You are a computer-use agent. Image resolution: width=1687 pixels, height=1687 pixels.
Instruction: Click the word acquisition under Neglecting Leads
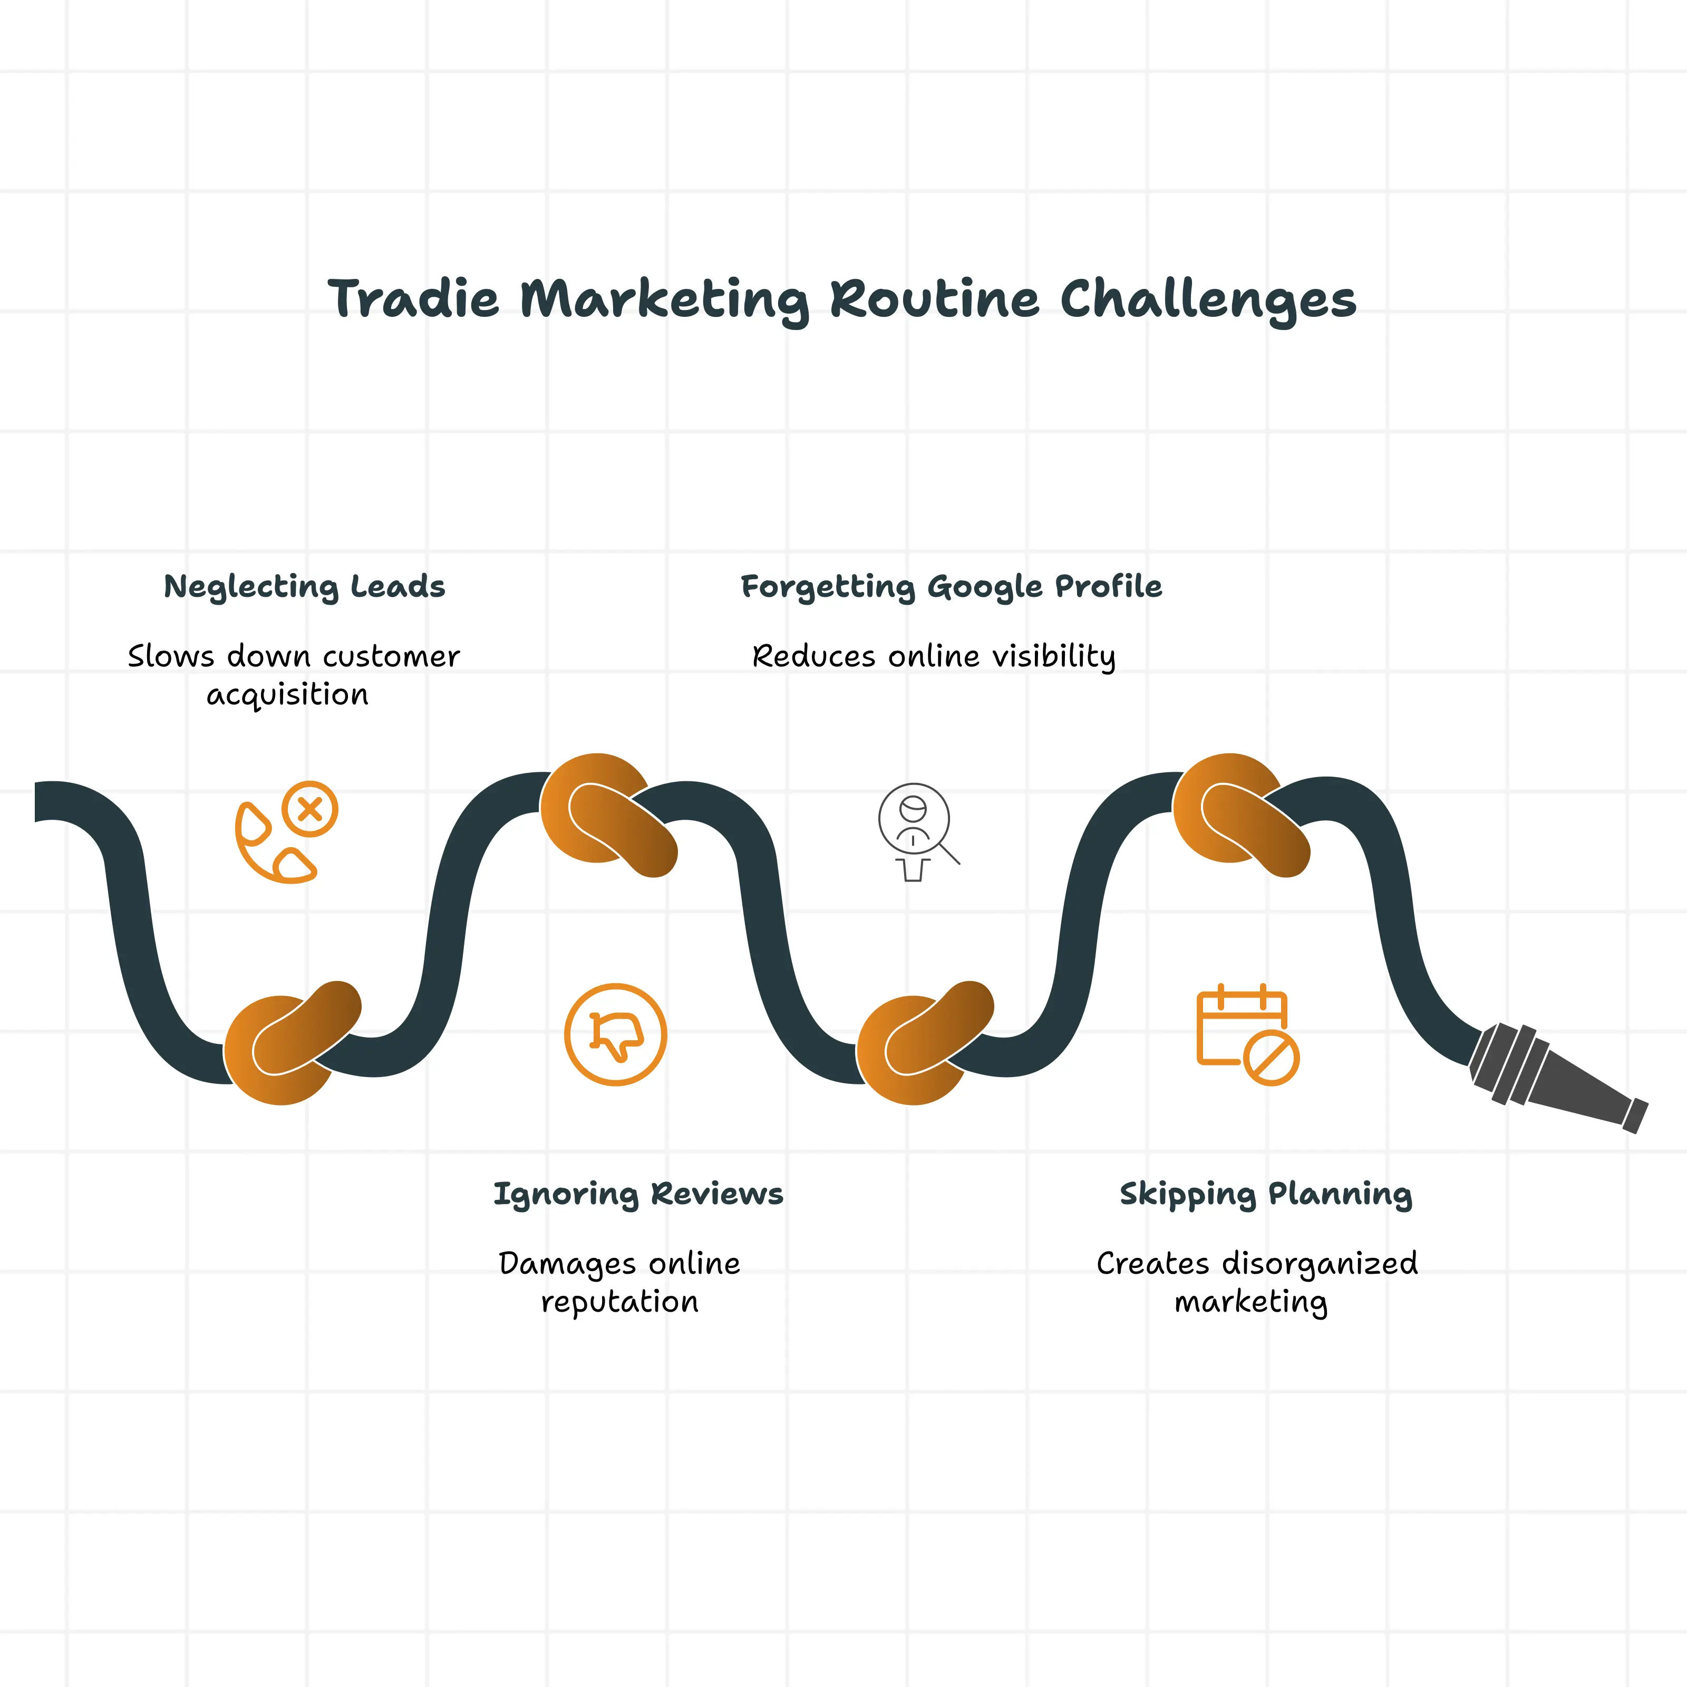tap(287, 695)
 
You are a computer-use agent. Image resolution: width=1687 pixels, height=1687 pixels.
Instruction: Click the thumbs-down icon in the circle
tap(616, 1035)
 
